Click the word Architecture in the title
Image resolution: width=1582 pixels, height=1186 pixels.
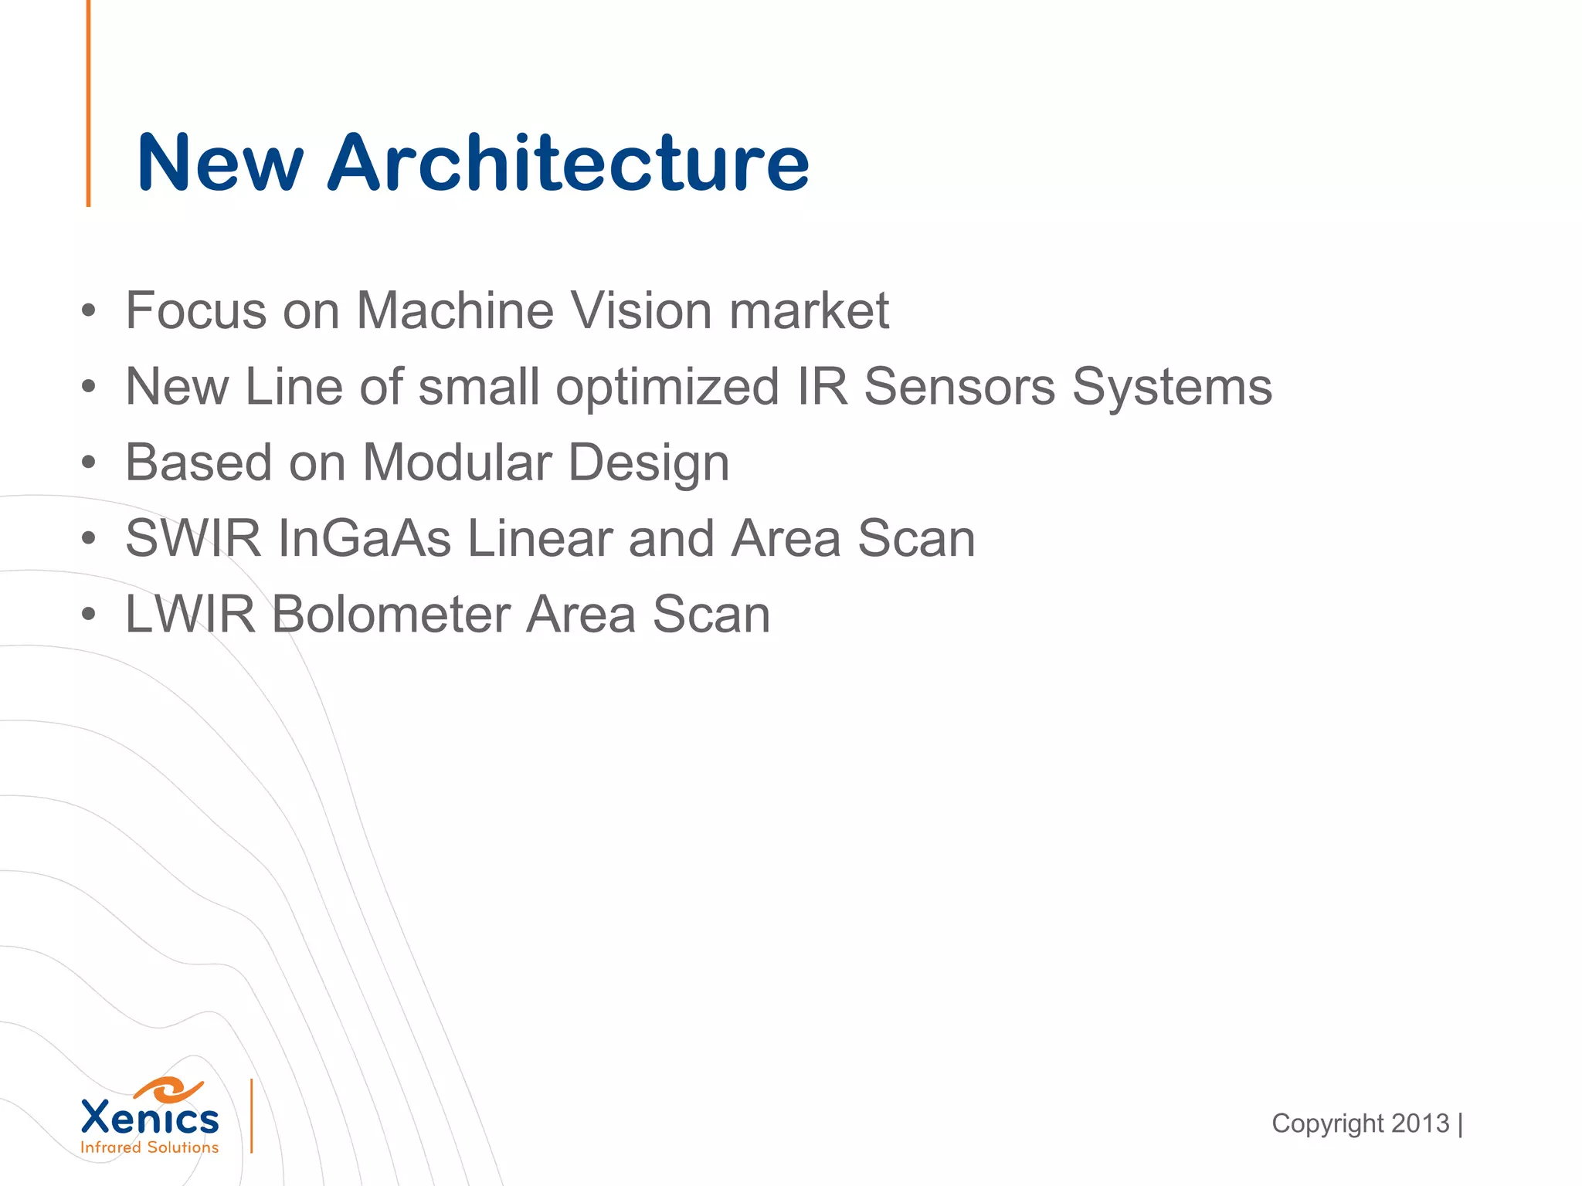pos(569,163)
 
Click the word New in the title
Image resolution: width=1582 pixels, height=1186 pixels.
pos(220,163)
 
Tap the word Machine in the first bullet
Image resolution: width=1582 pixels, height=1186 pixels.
pos(455,311)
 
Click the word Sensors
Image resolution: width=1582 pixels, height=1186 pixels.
pos(959,387)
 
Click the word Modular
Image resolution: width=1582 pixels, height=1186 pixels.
pos(457,463)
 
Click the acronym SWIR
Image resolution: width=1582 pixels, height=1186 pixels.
pos(193,539)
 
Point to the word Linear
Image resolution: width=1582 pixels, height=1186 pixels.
pos(539,539)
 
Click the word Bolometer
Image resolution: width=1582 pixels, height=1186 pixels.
pos(390,615)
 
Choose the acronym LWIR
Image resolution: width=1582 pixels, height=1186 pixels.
pos(190,615)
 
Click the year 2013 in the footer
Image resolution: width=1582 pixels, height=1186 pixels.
pos(1420,1123)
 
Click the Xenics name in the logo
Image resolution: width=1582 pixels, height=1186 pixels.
pos(150,1119)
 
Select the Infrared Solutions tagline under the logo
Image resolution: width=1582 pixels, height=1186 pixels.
pos(150,1148)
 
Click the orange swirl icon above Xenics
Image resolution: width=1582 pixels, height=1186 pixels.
pos(169,1089)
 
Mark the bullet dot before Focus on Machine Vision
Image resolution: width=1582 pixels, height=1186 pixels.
pos(89,312)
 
